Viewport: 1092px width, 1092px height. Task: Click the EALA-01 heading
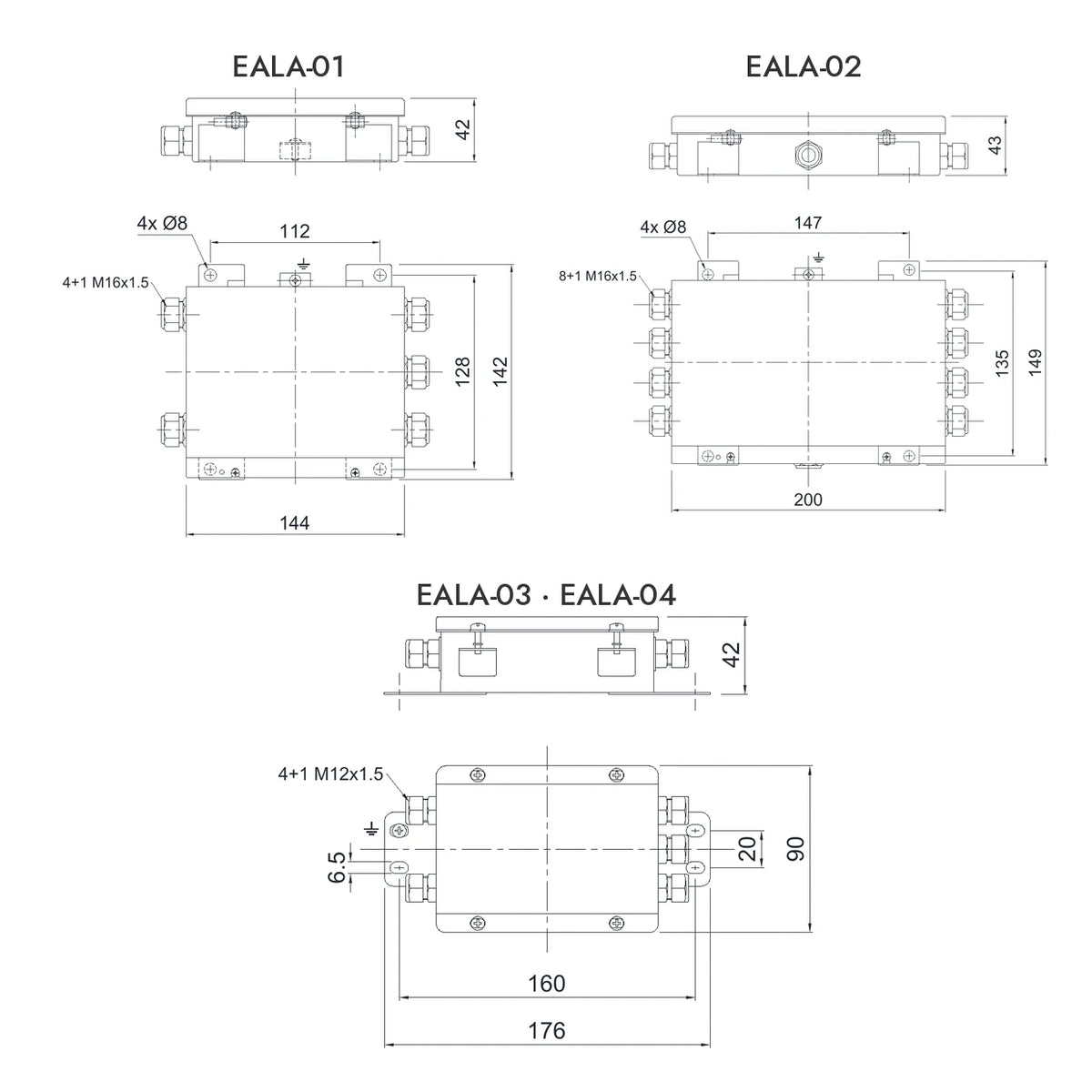click(x=288, y=66)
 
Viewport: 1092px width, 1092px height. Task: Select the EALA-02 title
click(x=804, y=66)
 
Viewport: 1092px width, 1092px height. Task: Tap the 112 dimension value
click(x=295, y=231)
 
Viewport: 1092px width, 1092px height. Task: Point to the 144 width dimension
click(x=295, y=522)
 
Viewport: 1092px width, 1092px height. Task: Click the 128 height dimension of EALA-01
click(x=463, y=372)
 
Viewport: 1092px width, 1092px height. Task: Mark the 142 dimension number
click(x=500, y=372)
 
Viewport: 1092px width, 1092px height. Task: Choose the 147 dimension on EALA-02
click(x=807, y=223)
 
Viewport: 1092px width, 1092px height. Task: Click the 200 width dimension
click(x=807, y=500)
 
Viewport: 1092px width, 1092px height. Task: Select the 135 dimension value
click(x=1002, y=363)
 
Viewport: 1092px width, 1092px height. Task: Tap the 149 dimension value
click(x=1035, y=363)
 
